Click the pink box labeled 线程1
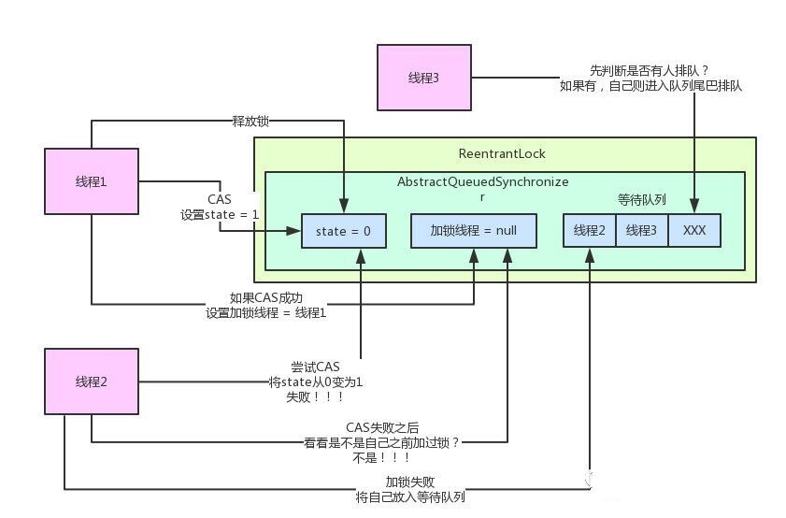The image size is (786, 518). pyautogui.click(x=91, y=181)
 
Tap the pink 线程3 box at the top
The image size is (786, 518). pyautogui.click(x=423, y=77)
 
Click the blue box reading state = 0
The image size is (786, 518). pyautogui.click(x=342, y=230)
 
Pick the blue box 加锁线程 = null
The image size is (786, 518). pyautogui.click(x=474, y=230)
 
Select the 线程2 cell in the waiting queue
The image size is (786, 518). pyautogui.click(x=589, y=230)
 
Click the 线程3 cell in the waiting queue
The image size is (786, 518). pyautogui.click(x=641, y=230)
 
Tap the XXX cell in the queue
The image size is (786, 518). pyautogui.click(x=694, y=230)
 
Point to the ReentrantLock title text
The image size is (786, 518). pyautogui.click(x=502, y=153)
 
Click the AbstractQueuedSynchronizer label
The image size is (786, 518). pyautogui.click(x=483, y=183)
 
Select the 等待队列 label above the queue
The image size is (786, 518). pyautogui.click(x=641, y=199)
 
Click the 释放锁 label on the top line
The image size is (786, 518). pyautogui.click(x=250, y=121)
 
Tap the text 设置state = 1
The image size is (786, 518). pyautogui.click(x=220, y=214)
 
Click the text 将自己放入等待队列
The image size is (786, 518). pyautogui.click(x=410, y=497)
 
